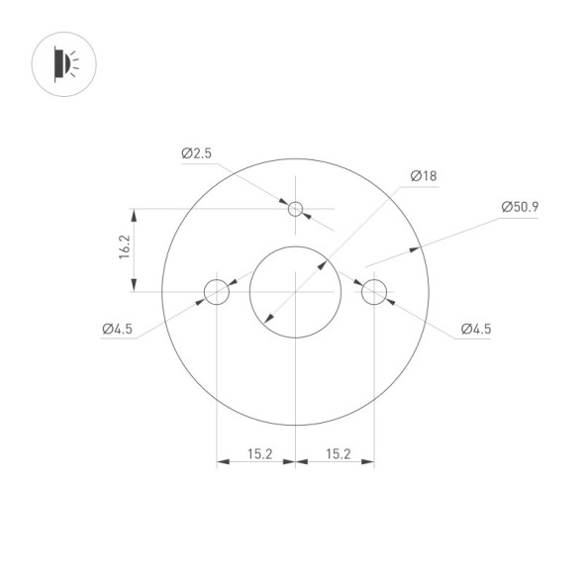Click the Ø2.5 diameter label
pyautogui.click(x=196, y=153)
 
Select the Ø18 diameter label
pyautogui.click(x=423, y=176)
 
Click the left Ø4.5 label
pyautogui.click(x=117, y=330)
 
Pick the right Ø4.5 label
pyautogui.click(x=475, y=330)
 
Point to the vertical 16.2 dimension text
pyautogui.click(x=125, y=247)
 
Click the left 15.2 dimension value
pyautogui.click(x=259, y=454)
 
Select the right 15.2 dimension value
pyautogui.click(x=338, y=454)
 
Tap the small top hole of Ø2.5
pyautogui.click(x=295, y=209)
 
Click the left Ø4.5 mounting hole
pyautogui.click(x=216, y=292)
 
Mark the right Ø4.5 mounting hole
pyautogui.click(x=373, y=292)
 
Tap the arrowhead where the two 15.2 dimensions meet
pyautogui.click(x=295, y=461)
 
